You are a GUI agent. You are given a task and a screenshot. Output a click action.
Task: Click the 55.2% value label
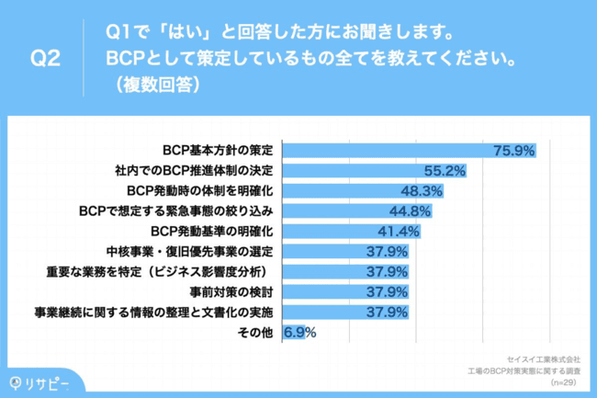click(445, 170)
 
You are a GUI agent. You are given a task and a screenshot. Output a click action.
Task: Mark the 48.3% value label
click(422, 190)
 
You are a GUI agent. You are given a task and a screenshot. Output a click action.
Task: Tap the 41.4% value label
click(399, 231)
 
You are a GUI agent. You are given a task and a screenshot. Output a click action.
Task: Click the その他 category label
click(255, 332)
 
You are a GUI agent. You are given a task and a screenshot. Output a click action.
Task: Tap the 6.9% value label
click(299, 332)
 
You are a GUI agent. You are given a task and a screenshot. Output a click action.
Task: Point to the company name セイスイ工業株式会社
click(543, 358)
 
